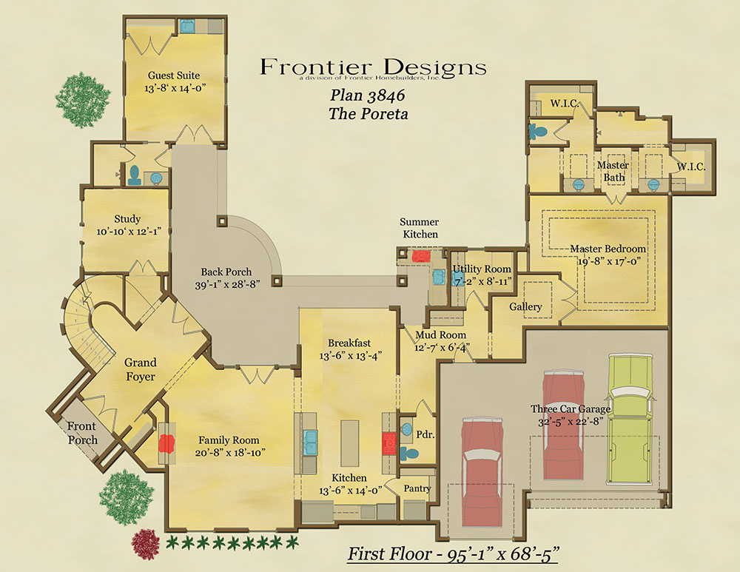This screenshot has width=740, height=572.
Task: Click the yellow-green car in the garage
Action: [630, 419]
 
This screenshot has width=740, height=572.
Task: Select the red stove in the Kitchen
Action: [389, 444]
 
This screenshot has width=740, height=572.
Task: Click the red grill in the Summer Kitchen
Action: [420, 256]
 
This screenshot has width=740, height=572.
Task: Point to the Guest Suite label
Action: [174, 75]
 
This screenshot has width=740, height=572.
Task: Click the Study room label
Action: [127, 219]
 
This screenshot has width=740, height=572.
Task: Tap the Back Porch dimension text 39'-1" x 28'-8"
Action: [227, 285]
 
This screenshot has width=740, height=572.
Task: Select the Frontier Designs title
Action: [373, 67]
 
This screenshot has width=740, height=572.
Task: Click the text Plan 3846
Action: [367, 95]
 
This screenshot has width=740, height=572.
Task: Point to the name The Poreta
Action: [368, 114]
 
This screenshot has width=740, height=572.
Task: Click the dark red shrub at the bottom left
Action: [145, 545]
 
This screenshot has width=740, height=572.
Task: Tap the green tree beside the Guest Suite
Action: [83, 100]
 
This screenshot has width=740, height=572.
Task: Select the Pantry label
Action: [417, 488]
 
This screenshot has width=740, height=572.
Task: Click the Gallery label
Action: [525, 307]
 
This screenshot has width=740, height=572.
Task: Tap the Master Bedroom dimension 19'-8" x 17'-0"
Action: [610, 261]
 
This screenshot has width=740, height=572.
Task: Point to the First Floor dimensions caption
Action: [453, 554]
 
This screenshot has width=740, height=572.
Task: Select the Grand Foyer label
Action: [140, 369]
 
